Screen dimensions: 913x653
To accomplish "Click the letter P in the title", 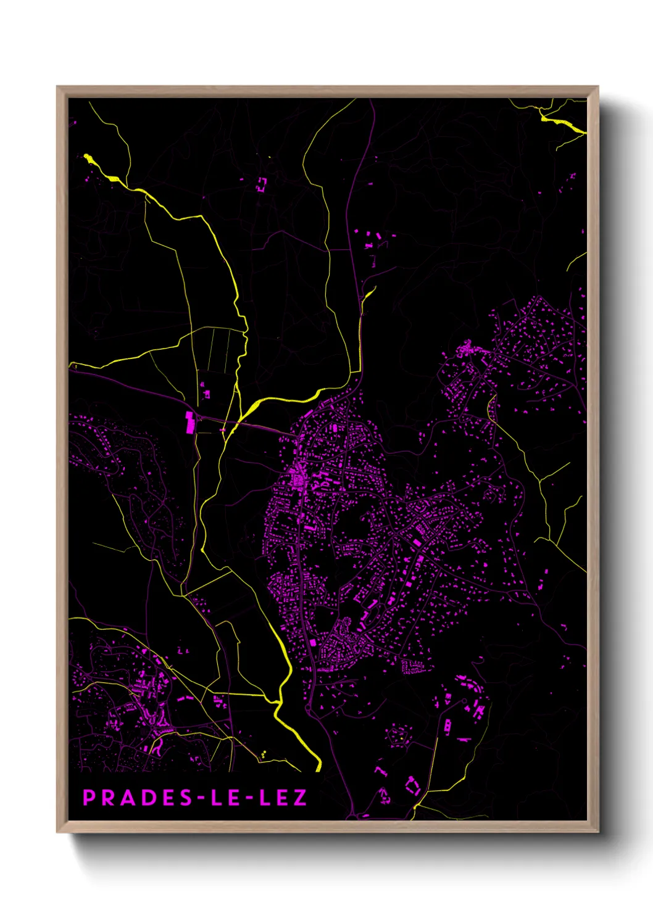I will tap(89, 798).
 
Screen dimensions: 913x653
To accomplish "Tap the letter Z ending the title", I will tap(300, 798).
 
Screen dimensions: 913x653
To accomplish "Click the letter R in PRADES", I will tap(109, 798).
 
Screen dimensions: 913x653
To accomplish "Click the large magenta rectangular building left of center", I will tap(190, 423).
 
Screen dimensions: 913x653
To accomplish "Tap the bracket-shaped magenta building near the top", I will tap(262, 183).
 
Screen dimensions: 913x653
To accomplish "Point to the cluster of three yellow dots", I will tap(264, 754).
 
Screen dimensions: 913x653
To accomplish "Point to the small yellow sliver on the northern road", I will tap(368, 294).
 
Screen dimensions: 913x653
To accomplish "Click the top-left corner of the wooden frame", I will tap(57, 87).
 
